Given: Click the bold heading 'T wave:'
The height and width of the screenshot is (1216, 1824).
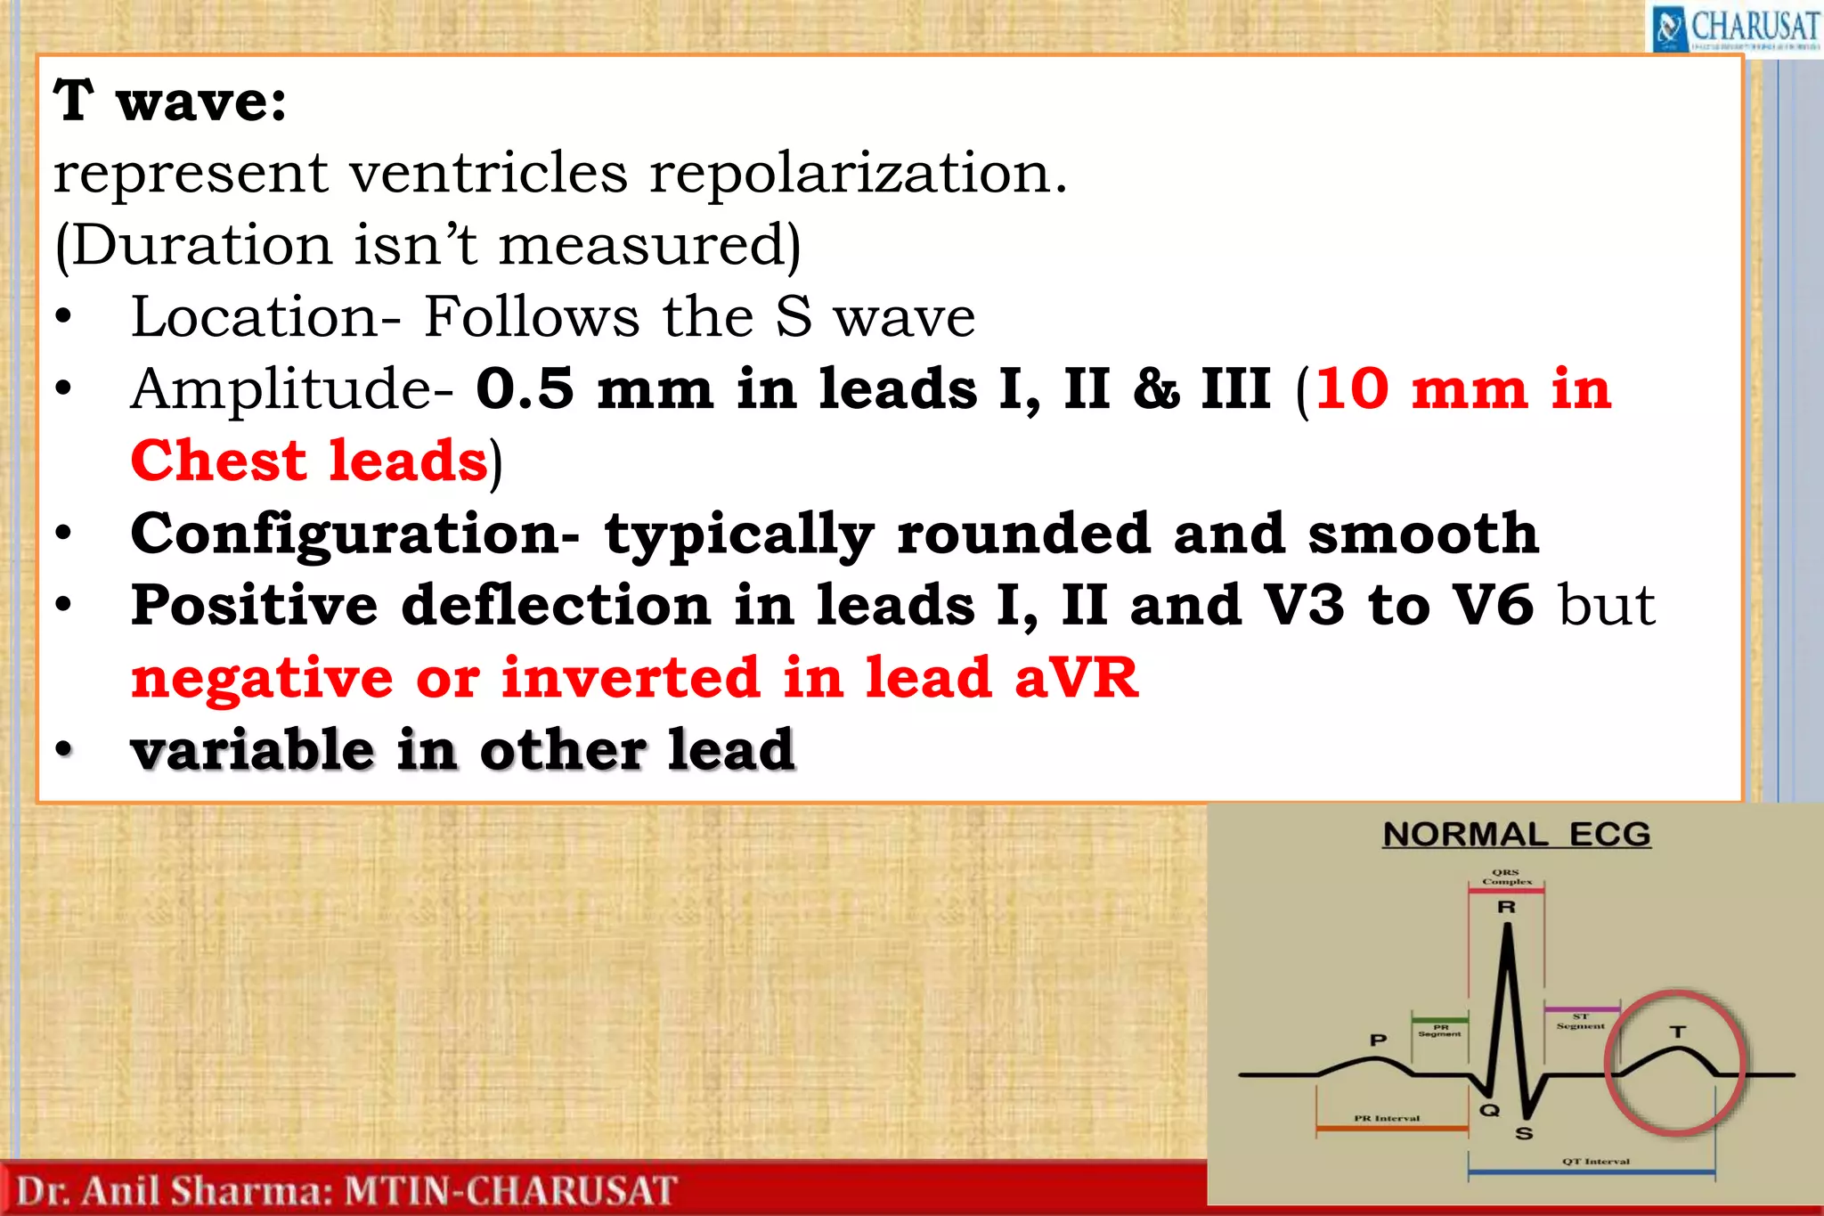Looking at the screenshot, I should pyautogui.click(x=170, y=101).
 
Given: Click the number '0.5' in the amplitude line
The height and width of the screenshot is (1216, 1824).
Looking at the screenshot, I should pyautogui.click(x=525, y=388).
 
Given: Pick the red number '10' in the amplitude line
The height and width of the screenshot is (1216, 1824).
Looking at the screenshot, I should pyautogui.click(x=1352, y=388).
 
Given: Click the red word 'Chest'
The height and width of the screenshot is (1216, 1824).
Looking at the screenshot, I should pyautogui.click(x=218, y=461).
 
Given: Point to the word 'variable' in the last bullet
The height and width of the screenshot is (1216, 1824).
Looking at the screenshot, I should pyautogui.click(x=252, y=749).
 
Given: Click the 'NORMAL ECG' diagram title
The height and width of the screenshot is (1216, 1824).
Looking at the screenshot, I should pyautogui.click(x=1517, y=835).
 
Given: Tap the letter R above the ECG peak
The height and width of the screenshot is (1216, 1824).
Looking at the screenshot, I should pyautogui.click(x=1507, y=907).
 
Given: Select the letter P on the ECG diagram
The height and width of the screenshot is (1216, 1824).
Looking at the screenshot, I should pyautogui.click(x=1378, y=1040).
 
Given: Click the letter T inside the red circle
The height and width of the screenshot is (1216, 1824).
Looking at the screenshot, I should pyautogui.click(x=1678, y=1032).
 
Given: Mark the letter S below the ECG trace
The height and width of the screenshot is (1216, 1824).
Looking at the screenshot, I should pyautogui.click(x=1524, y=1134).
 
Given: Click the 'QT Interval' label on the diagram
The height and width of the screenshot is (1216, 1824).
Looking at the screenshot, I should pyautogui.click(x=1596, y=1162).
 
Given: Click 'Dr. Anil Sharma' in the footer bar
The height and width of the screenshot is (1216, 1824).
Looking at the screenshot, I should pyautogui.click(x=174, y=1191).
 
